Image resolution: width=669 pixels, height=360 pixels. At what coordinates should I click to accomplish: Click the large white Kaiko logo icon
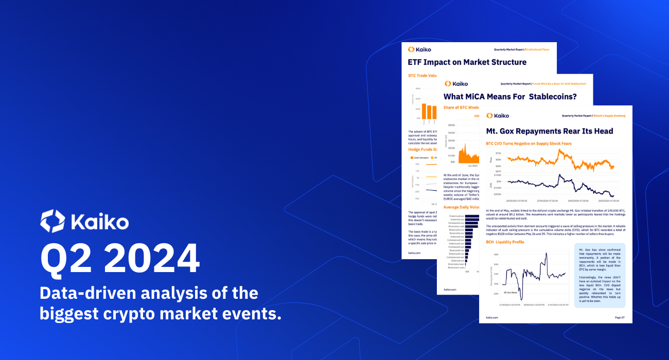[x=52, y=221]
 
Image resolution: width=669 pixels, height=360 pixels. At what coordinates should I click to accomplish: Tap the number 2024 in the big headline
[x=149, y=260]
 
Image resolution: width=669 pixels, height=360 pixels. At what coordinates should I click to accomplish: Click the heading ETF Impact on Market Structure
[x=467, y=62]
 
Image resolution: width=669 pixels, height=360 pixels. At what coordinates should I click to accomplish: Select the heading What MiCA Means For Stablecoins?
[x=509, y=96]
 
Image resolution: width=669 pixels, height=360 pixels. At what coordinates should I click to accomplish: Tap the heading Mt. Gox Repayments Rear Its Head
[x=550, y=131]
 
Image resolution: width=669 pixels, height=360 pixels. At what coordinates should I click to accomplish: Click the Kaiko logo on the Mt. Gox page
[x=497, y=116]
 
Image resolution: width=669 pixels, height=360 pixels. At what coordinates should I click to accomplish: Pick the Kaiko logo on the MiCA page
[x=456, y=83]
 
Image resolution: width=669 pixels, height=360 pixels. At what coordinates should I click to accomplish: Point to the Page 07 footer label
[x=620, y=317]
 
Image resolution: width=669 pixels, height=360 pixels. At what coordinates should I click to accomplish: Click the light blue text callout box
[x=600, y=275]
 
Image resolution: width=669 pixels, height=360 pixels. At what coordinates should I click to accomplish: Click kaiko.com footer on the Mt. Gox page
[x=491, y=317]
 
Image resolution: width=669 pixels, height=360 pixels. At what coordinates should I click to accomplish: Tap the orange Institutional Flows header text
[x=537, y=50]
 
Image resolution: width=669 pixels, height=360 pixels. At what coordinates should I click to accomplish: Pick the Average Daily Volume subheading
[x=461, y=207]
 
